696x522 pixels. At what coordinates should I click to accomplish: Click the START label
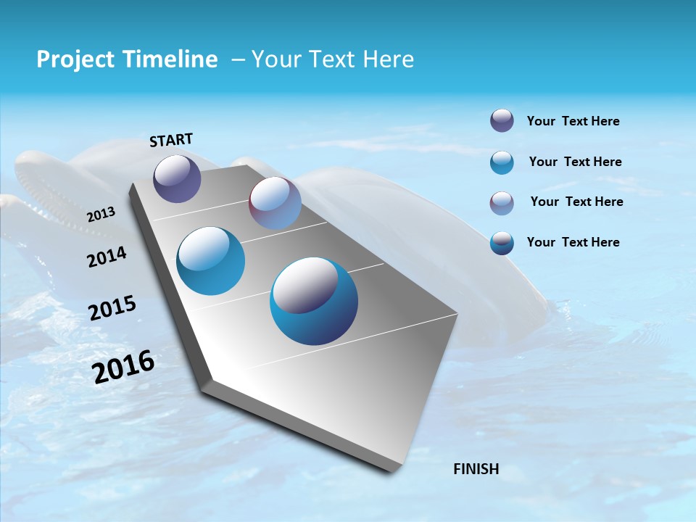tap(171, 139)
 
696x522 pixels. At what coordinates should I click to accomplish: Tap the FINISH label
tap(476, 469)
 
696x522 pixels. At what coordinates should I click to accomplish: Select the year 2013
tap(101, 215)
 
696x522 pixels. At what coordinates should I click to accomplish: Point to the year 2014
tap(107, 257)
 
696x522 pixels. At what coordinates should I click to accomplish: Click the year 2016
tap(123, 367)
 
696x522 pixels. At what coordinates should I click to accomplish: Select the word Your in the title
tap(275, 59)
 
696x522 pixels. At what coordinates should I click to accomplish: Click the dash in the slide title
tap(238, 59)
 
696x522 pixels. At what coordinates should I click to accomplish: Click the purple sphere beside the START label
tap(177, 178)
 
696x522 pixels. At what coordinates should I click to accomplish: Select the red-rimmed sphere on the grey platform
tap(275, 203)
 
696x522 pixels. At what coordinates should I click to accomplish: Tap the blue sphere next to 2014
tap(210, 261)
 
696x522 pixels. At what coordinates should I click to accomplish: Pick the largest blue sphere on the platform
tap(313, 301)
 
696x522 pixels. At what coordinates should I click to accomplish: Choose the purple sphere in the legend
tap(502, 121)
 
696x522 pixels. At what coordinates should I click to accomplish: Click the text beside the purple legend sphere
tap(573, 121)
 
